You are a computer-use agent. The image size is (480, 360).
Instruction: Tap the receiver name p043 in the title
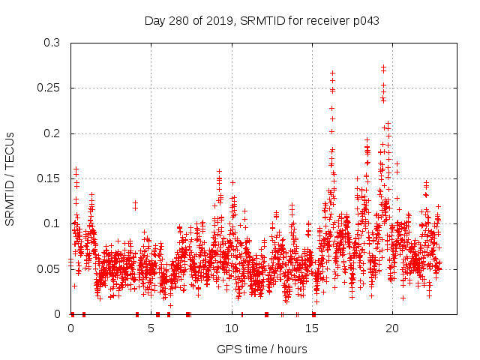coord(364,21)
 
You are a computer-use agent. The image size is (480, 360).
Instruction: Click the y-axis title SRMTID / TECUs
coord(10,178)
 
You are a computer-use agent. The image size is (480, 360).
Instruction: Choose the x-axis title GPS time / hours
coord(262,349)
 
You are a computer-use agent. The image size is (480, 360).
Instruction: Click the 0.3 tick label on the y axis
coord(52,43)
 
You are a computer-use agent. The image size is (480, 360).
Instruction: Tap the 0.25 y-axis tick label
coord(49,88)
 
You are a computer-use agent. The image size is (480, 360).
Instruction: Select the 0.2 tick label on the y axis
coord(52,133)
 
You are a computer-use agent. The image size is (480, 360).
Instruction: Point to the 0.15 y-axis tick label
coord(49,178)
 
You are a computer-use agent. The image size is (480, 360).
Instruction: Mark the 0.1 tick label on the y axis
coord(52,223)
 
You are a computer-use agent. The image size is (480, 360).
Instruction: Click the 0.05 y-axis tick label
coord(49,268)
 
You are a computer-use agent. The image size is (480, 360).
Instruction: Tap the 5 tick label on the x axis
coord(151,328)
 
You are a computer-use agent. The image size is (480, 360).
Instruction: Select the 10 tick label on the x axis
coord(232,328)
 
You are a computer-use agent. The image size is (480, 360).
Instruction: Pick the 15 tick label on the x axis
coord(312,328)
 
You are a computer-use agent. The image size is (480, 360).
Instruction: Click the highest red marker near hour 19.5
coord(383,67)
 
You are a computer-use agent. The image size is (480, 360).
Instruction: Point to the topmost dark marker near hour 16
coord(332,73)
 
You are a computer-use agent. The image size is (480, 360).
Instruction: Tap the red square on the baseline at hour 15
coord(313,313)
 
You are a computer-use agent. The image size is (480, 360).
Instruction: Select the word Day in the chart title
coord(154,21)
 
